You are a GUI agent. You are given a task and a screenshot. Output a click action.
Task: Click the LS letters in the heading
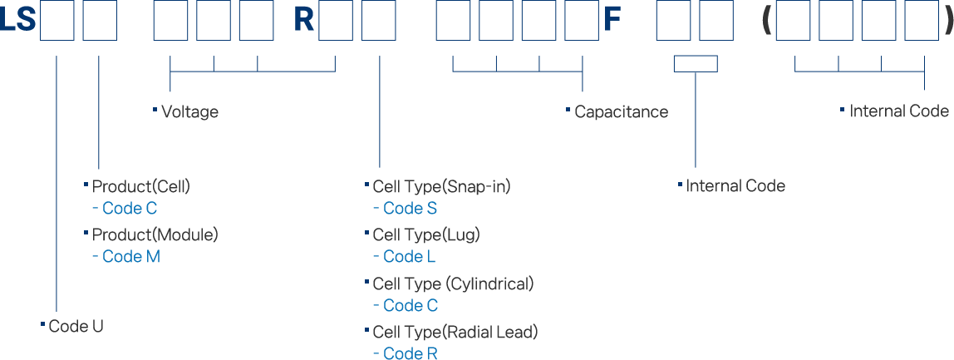tap(18, 21)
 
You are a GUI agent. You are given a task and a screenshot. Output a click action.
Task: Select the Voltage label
tap(190, 112)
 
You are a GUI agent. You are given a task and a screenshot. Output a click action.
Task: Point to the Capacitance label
tap(621, 112)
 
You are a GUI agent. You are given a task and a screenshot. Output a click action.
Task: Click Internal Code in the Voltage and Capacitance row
tap(899, 112)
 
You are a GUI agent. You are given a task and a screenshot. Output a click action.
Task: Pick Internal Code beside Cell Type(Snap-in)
tap(735, 186)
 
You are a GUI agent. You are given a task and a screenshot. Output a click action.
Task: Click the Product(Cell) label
tap(140, 186)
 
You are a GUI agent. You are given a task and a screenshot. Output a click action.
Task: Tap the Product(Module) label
tap(155, 234)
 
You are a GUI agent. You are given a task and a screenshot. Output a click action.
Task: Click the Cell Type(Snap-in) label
tap(441, 186)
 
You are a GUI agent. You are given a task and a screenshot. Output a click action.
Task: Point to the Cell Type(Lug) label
tap(426, 234)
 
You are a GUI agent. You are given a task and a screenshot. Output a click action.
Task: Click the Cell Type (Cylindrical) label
tap(453, 284)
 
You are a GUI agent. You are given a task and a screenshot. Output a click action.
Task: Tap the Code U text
tap(76, 326)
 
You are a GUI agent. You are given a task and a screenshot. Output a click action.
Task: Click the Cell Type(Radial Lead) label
tap(455, 333)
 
